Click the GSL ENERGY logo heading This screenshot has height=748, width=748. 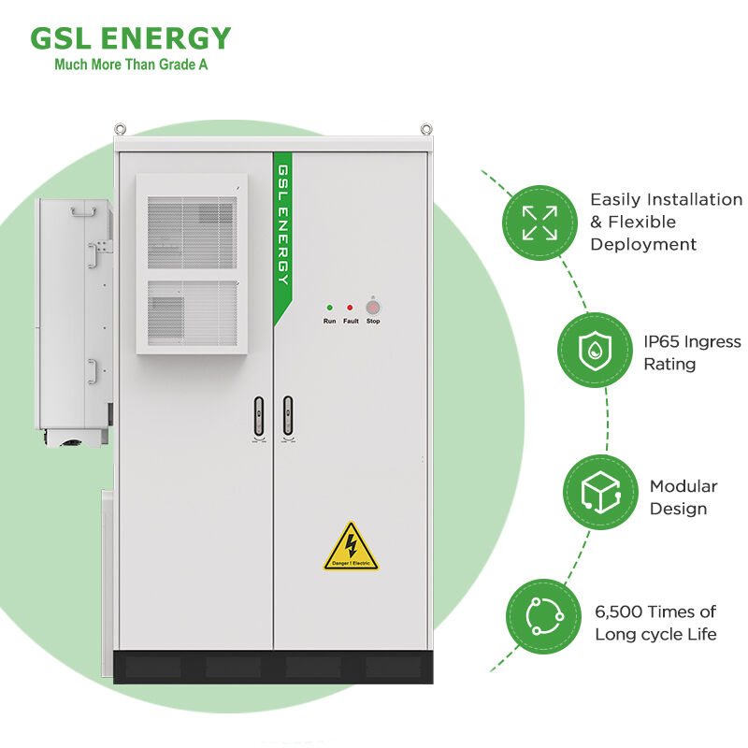pyautogui.click(x=130, y=38)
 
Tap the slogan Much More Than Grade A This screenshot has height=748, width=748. pyautogui.click(x=131, y=65)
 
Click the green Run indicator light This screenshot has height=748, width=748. pyautogui.click(x=330, y=308)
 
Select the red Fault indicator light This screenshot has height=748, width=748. pyautogui.click(x=350, y=308)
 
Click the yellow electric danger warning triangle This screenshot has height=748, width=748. pyautogui.click(x=352, y=549)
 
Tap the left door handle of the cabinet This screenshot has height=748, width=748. pyautogui.click(x=259, y=416)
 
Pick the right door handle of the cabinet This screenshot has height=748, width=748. pyautogui.click(x=288, y=416)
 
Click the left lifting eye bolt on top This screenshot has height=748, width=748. pyautogui.click(x=120, y=129)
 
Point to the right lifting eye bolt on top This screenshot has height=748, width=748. pyautogui.click(x=426, y=129)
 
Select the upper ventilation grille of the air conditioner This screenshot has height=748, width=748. pyautogui.click(x=192, y=233)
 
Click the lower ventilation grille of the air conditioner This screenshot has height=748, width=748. pyautogui.click(x=192, y=312)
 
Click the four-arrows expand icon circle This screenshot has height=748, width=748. pyautogui.click(x=539, y=223)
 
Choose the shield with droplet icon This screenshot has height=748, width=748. pyautogui.click(x=595, y=350)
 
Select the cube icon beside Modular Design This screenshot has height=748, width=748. pyautogui.click(x=600, y=492)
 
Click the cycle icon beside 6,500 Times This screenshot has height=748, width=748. pyautogui.click(x=544, y=616)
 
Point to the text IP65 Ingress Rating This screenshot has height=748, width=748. pyautogui.click(x=692, y=353)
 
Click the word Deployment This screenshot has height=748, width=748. pyautogui.click(x=643, y=244)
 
